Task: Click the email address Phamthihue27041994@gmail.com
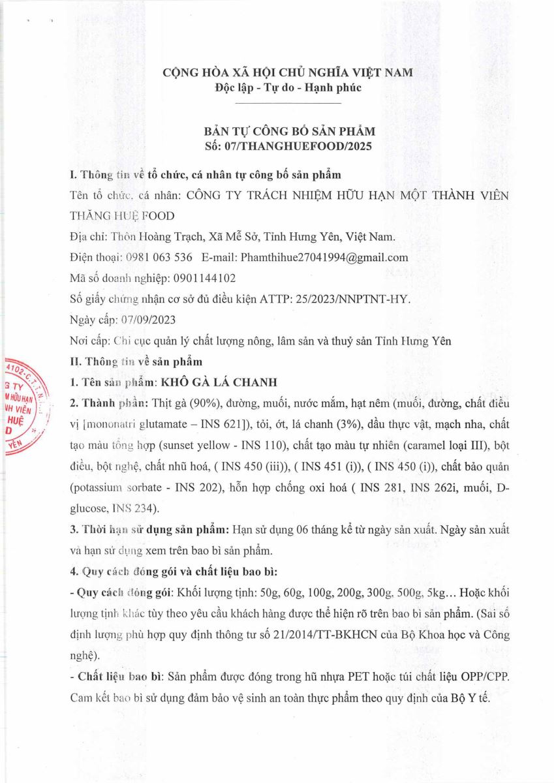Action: [324, 257]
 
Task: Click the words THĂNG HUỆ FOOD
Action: [123, 215]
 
